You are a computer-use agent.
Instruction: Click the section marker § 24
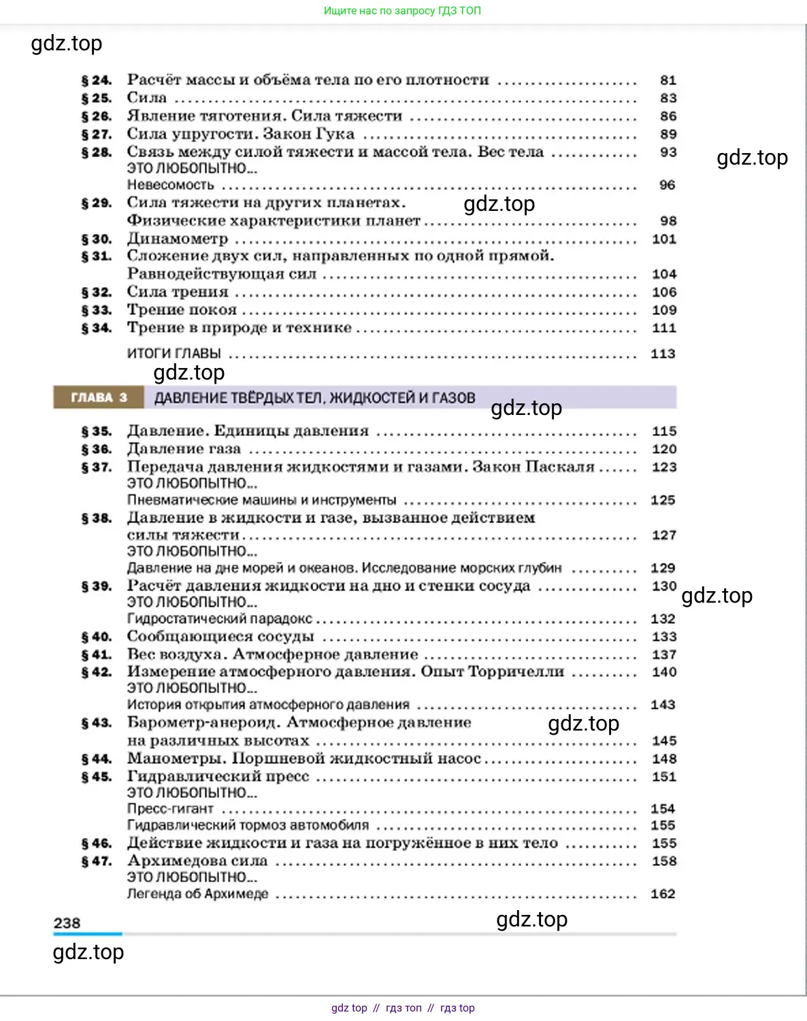tap(96, 80)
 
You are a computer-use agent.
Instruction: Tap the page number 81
tap(668, 80)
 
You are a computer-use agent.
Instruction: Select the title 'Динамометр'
tap(178, 239)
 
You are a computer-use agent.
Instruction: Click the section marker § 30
tap(96, 239)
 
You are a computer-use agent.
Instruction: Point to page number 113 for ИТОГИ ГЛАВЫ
tap(662, 354)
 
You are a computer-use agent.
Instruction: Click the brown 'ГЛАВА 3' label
tap(99, 398)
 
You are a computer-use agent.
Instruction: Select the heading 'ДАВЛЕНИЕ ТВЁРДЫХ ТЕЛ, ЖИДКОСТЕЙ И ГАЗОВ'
tap(314, 398)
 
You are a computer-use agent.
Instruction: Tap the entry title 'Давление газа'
tap(184, 449)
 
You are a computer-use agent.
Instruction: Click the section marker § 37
tap(96, 467)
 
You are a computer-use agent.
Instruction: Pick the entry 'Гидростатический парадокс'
tap(219, 619)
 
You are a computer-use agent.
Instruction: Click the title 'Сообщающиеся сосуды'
tap(220, 637)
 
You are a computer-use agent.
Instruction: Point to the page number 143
tap(662, 705)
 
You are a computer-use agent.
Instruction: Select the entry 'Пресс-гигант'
tap(170, 809)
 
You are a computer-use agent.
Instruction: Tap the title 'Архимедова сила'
tap(197, 861)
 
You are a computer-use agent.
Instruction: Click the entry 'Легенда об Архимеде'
tap(197, 894)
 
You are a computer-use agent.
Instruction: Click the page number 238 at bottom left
tap(67, 923)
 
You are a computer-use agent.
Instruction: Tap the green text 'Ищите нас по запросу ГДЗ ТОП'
tap(402, 11)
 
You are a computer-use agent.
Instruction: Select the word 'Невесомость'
tap(170, 185)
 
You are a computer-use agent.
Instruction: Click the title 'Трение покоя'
tap(182, 310)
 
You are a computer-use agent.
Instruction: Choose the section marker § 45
tap(96, 777)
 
